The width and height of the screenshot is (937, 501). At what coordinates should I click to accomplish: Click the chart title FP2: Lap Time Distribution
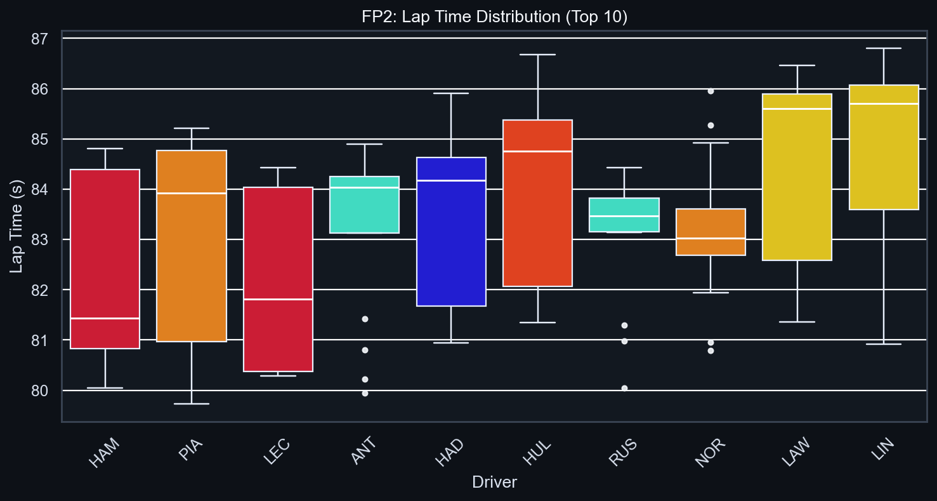pos(494,17)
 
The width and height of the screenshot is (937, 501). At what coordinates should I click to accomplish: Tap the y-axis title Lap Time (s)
pos(17,226)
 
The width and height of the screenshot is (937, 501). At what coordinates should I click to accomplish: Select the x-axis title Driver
pos(494,483)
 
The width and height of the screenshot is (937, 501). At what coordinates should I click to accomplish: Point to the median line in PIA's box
pos(192,193)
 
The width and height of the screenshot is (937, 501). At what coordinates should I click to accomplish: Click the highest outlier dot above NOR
pos(711,91)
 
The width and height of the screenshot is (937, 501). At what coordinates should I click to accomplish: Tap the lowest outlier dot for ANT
pos(365,393)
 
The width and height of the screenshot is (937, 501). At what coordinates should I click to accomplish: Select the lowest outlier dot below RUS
pos(624,388)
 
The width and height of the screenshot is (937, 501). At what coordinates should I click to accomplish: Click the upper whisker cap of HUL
pos(538,55)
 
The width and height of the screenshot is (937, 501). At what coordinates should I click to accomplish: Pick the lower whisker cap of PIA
pos(192,404)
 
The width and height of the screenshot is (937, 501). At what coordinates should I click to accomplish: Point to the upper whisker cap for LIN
pos(884,48)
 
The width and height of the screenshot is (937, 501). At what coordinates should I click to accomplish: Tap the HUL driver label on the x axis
pos(538,453)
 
